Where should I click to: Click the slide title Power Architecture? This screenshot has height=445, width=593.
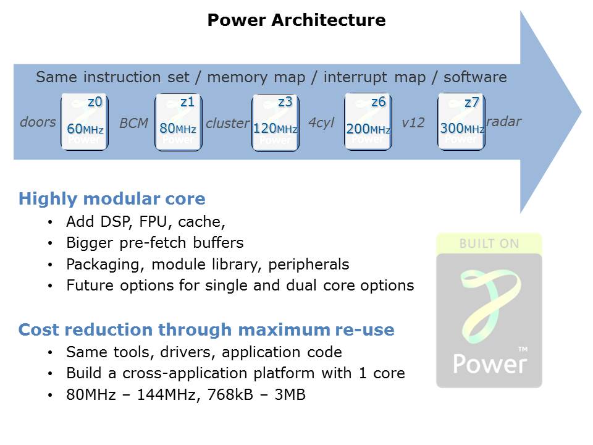(x=296, y=20)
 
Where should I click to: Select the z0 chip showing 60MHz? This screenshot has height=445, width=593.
(x=85, y=121)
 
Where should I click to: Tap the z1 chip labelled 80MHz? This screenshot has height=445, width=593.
(x=178, y=121)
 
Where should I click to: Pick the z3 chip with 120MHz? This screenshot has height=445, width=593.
(x=275, y=121)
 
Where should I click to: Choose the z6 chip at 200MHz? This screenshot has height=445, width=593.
(x=368, y=121)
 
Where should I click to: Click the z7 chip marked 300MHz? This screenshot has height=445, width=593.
(x=461, y=121)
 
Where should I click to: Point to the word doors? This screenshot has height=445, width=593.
(x=38, y=122)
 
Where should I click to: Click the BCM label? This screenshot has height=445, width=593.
(x=134, y=124)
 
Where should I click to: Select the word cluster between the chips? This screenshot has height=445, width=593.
(x=227, y=124)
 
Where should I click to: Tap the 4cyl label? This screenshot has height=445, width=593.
(x=321, y=124)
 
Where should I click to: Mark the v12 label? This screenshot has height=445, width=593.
(x=413, y=124)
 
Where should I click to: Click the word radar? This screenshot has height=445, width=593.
(x=504, y=122)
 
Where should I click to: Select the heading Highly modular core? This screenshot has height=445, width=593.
(x=112, y=199)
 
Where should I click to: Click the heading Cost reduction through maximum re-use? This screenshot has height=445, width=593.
(x=206, y=330)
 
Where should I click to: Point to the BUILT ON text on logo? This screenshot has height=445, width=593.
(x=489, y=244)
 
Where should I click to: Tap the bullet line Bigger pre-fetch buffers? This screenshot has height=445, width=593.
(x=154, y=243)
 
